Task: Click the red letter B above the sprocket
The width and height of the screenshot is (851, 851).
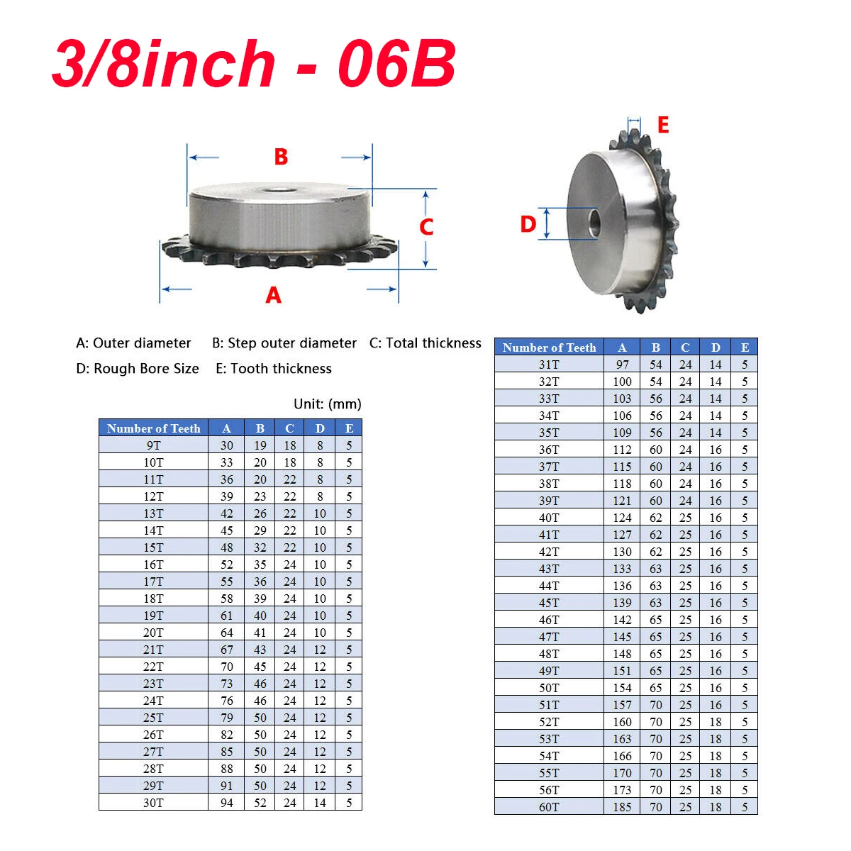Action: coord(281,157)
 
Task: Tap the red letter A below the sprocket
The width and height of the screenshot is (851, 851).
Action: coord(273,295)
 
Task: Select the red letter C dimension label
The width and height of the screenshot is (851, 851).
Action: coord(426,227)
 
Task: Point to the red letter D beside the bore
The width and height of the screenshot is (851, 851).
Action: coord(528,224)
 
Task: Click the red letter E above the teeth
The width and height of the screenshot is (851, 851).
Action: coord(663,125)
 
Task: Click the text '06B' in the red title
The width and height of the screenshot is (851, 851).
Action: coord(396,63)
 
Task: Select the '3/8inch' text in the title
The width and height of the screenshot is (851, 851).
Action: coord(164,63)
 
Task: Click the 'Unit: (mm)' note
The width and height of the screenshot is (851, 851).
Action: coord(327,404)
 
